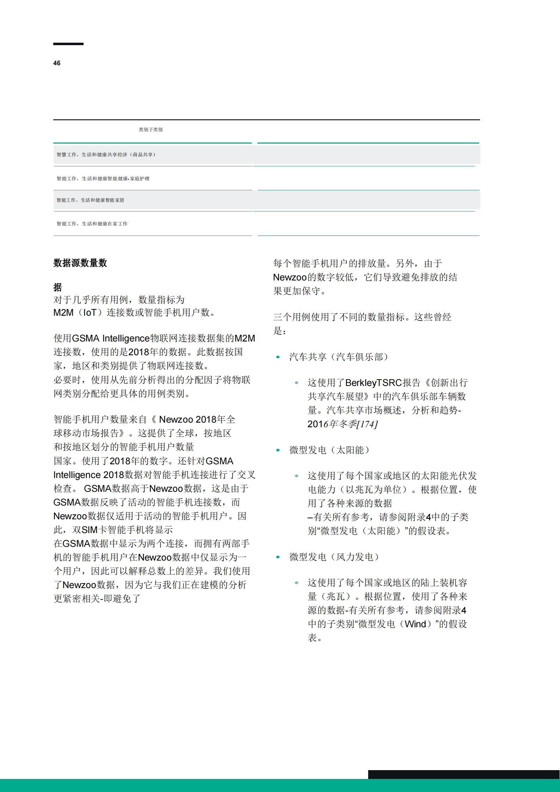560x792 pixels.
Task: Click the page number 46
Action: coord(57,63)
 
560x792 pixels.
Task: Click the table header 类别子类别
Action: coord(151,130)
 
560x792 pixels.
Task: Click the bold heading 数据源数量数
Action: coord(80,263)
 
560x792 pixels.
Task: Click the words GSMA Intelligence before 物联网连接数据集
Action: coord(111,339)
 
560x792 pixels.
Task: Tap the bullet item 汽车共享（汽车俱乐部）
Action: coord(339,357)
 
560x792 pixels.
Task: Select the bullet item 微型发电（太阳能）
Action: coord(329,450)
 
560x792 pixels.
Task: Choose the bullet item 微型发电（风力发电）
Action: coord(334,557)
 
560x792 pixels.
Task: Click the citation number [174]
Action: coord(367,424)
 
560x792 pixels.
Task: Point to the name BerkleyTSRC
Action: coord(373,383)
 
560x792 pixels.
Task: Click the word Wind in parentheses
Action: coord(415,624)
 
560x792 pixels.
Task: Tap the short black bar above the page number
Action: coord(68,44)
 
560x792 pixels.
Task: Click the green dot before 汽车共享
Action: coord(278,357)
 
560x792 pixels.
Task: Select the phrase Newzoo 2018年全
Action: coord(197,420)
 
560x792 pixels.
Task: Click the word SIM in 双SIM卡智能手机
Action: coord(90,530)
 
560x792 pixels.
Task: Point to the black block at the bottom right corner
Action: coord(464,774)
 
